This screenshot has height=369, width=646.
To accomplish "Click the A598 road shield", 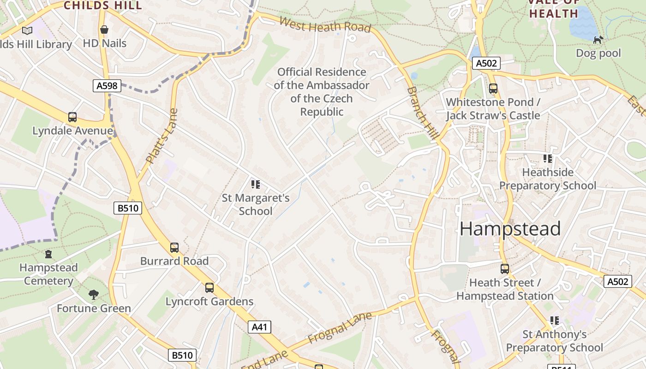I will coord(107,85).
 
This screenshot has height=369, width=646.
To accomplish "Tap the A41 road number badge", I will coord(259,327).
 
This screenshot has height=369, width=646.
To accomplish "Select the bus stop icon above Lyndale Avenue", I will coord(72,117).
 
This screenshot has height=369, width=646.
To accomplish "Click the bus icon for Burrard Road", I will coord(174,248).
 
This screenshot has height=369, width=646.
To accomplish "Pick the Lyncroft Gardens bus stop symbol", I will coord(209,288).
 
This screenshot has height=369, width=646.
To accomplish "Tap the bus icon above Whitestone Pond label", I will coord(493,89).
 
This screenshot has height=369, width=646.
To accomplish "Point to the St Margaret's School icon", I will coord(256,184).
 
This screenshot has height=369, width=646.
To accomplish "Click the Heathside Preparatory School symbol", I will coord(548,159).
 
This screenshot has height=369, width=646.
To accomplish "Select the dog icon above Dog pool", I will coord(598,40).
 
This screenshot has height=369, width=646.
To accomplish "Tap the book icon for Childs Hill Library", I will coord(27,31).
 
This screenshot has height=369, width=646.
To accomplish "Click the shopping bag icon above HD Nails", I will coord(104,30).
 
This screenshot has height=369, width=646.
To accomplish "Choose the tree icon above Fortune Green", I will coord(94,295).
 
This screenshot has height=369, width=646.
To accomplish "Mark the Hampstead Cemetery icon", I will coord(48,254).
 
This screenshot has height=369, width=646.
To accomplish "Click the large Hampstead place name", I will coord(510,229).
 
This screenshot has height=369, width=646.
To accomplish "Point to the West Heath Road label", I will coord(325,25).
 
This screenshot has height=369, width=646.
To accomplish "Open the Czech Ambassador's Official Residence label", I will coord(322,92).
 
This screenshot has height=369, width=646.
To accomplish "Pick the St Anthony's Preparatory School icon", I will coord(555,321).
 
